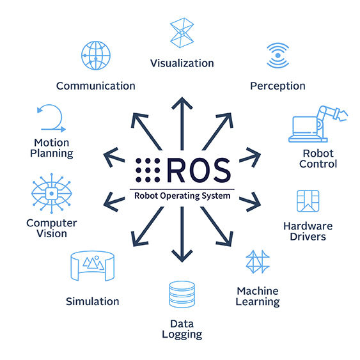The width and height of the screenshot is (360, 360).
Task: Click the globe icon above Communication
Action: click(96, 56)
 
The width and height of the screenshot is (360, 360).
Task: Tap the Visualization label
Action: click(182, 63)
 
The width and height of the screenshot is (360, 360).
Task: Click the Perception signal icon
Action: click(278, 55)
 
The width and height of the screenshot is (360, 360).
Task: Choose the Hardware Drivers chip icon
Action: click(308, 201)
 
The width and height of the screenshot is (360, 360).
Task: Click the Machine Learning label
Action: click(258, 295)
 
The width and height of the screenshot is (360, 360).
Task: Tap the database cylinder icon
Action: click(182, 294)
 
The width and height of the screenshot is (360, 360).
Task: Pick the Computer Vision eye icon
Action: click(51, 194)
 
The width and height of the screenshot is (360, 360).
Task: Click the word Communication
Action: click(96, 86)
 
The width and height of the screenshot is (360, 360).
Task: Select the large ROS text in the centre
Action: click(198, 170)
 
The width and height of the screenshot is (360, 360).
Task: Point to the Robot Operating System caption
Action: click(182, 196)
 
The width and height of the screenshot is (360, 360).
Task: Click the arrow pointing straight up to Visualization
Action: click(182, 125)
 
